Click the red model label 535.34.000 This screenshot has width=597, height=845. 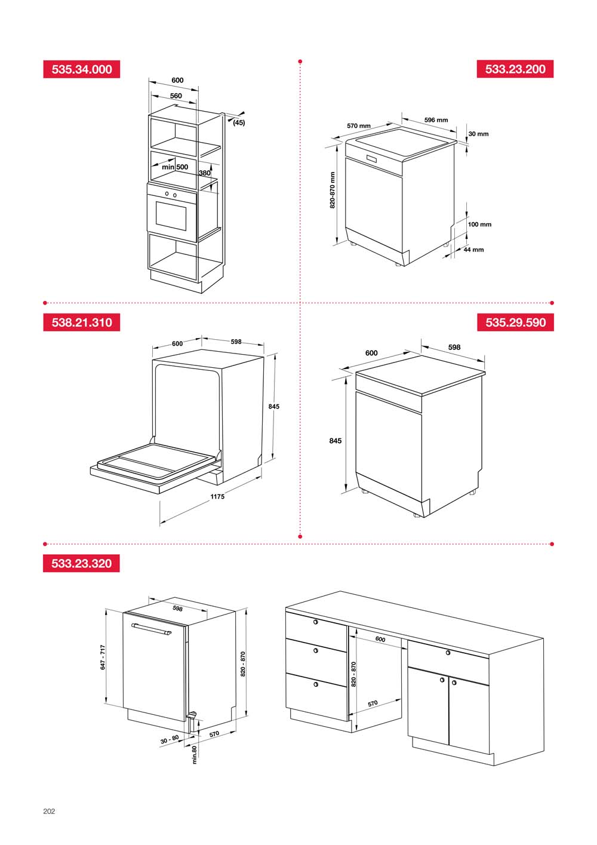tap(81, 69)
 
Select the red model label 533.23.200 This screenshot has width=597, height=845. tap(515, 69)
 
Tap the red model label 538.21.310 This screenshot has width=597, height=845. tap(81, 322)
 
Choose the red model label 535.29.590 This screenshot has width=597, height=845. tap(515, 322)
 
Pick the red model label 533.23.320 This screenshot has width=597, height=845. tap(81, 563)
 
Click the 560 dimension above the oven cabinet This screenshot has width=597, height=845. tap(176, 96)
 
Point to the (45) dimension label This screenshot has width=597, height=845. tap(239, 122)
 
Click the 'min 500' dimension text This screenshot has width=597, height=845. tap(175, 167)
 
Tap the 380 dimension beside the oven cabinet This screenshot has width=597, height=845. tap(204, 173)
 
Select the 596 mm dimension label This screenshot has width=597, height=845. tap(436, 120)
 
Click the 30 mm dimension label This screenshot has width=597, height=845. tap(478, 134)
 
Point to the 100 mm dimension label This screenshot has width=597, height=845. tap(479, 225)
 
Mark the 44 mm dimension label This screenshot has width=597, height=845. tap(473, 250)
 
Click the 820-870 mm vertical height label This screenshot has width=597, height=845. tap(333, 190)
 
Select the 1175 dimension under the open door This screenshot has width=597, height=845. tap(217, 496)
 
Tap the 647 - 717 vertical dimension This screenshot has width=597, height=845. tap(103, 657)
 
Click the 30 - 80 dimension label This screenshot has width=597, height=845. tap(170, 740)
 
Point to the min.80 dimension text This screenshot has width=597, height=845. tap(194, 755)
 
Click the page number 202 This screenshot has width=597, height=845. tap(49, 812)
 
